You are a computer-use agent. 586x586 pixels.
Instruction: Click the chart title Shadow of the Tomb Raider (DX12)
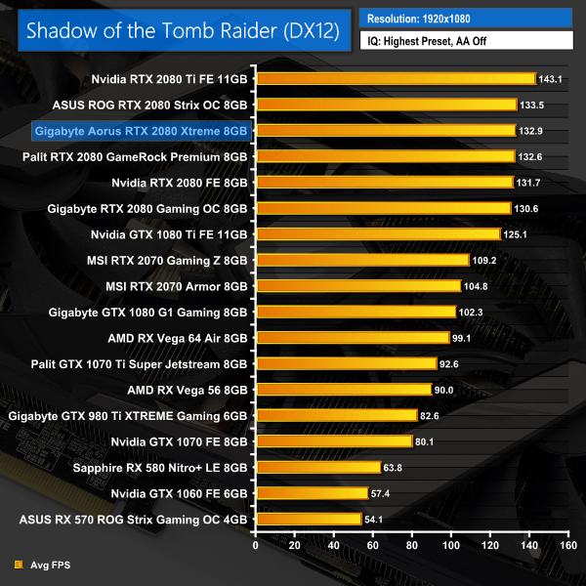(183, 30)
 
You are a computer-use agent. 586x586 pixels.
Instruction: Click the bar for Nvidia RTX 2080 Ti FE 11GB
(396, 78)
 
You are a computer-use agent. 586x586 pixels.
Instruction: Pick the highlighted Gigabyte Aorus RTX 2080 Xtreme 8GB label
(142, 130)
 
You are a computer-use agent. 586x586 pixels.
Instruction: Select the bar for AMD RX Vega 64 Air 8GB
(352, 338)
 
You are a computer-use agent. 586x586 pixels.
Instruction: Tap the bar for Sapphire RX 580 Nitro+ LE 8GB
(318, 467)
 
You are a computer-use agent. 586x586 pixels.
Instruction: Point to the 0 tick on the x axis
(255, 546)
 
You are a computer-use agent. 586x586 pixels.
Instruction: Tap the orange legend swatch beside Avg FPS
(20, 565)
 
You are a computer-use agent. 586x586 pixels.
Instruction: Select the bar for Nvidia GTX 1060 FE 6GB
(312, 493)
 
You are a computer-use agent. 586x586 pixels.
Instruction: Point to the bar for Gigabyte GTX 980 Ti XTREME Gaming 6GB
(336, 415)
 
